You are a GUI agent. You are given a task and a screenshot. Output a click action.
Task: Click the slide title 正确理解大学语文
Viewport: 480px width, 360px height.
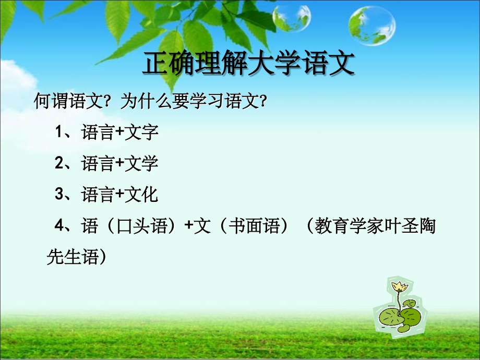248,65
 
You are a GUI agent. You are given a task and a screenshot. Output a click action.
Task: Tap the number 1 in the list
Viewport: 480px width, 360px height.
59,132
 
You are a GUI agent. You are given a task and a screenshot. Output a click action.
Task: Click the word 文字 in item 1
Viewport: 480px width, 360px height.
141,133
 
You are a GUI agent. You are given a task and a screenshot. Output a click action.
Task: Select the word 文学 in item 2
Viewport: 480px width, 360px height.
141,164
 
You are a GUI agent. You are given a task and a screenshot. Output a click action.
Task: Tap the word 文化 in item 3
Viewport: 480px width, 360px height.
141,195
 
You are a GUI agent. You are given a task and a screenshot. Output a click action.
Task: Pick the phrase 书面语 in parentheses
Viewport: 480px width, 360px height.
259,226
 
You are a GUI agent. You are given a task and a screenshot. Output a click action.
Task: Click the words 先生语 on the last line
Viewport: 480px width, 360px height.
73,256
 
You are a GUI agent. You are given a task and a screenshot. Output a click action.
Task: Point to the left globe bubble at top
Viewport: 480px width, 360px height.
292,18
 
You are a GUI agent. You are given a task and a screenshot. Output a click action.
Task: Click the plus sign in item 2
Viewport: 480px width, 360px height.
119,164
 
